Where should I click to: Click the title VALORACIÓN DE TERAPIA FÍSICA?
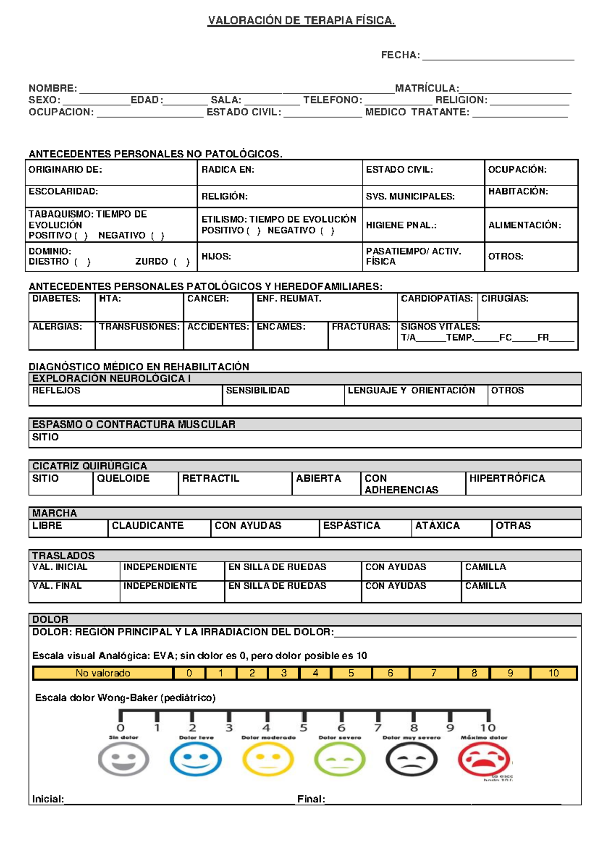[301, 21]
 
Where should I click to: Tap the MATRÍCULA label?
[427, 88]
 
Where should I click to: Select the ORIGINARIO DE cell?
[111, 172]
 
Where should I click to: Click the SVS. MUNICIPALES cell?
[423, 196]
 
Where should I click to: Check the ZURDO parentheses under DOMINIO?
[181, 262]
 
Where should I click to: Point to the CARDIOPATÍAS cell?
[437, 306]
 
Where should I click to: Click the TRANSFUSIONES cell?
[139, 335]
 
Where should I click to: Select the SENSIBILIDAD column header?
[258, 390]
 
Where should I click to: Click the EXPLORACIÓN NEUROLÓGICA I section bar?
[305, 379]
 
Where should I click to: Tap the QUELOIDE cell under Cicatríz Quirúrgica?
[135, 483]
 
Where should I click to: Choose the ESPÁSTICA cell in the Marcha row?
[365, 527]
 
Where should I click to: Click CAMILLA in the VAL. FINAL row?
[521, 591]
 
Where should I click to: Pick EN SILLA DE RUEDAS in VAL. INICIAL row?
[292, 571]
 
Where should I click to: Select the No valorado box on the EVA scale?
[103, 673]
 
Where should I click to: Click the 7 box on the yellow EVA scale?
[433, 673]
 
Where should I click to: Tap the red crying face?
[483, 759]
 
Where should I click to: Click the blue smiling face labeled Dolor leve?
[195, 759]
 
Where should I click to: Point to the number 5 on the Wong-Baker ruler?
[304, 728]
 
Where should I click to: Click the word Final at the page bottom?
[311, 799]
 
